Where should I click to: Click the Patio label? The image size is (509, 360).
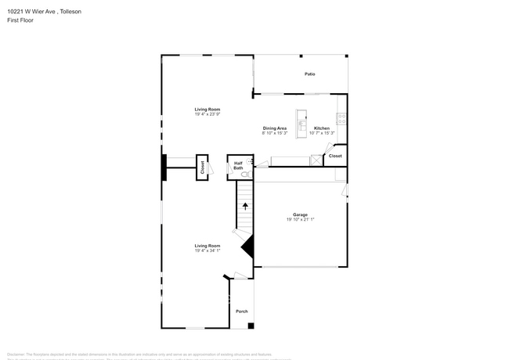tap(310, 74)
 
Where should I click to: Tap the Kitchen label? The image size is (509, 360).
tap(322, 128)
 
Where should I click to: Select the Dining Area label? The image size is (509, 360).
tap(274, 128)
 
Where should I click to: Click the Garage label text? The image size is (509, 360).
tap(300, 214)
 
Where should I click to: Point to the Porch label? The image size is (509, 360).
tap(242, 311)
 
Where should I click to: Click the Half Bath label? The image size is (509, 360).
tap(238, 165)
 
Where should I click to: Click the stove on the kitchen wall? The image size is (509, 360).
tap(341, 119)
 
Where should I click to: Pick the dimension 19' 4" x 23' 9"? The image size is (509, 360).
tap(208, 114)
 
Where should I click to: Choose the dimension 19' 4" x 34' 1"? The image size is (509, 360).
tap(208, 250)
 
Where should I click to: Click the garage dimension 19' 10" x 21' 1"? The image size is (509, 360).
tap(300, 220)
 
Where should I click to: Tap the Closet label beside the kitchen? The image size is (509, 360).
tap(335, 156)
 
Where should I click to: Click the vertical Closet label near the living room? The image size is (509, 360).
tap(202, 167)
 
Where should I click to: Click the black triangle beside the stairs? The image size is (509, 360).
tap(248, 248)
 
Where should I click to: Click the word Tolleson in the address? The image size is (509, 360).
tap(70, 12)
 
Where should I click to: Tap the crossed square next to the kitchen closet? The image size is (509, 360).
tap(316, 160)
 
